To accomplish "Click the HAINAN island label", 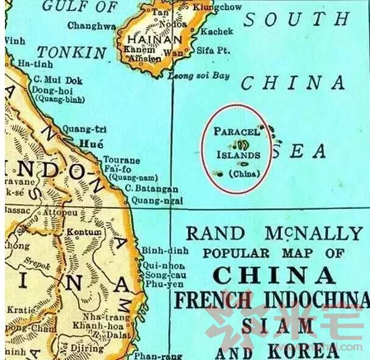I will pos(153,40).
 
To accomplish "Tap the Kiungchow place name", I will pos(217,7).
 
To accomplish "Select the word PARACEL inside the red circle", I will pos(237,131).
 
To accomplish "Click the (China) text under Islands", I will pos(244,174).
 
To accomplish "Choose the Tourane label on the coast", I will pos(121,160).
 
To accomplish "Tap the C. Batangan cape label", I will pos(151,190).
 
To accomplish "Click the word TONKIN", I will pos(71,52).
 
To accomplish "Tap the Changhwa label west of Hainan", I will pos(91,26).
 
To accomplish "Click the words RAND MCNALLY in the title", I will pos(274,233).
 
